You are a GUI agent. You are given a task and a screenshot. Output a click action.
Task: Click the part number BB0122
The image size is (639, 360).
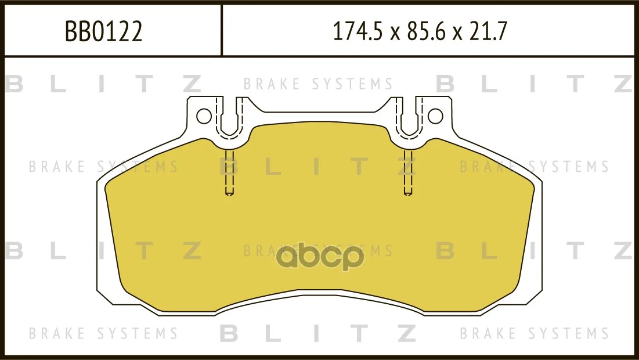coord(104,31)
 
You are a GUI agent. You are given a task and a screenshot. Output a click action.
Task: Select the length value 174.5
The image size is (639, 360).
coord(358,31)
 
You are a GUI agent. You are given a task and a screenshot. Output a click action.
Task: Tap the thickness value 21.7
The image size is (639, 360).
coord(488,31)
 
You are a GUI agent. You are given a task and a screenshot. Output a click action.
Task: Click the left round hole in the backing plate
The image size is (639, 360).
coord(204,116)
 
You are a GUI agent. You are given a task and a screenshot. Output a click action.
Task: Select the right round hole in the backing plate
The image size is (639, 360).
coord(435,116)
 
